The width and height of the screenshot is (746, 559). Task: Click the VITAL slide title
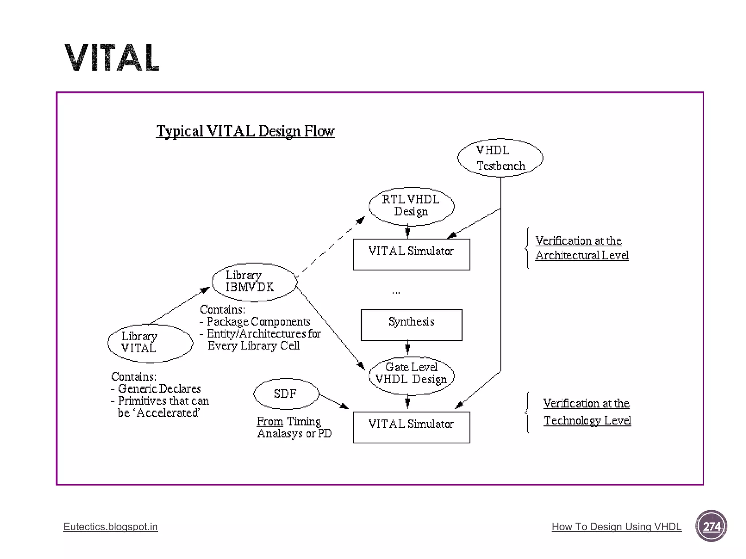[112, 58]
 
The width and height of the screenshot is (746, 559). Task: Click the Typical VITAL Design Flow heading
[245, 131]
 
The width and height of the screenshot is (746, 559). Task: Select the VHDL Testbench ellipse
[500, 158]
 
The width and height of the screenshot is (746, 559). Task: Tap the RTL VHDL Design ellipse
[411, 206]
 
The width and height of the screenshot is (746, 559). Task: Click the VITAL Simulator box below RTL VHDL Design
[411, 254]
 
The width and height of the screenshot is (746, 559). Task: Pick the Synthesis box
[411, 325]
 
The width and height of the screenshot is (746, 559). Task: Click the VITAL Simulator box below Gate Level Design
[411, 427]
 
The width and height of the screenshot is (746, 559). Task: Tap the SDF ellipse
[286, 394]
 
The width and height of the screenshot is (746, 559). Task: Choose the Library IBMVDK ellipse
[255, 282]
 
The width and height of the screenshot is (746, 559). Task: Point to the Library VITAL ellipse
[150, 343]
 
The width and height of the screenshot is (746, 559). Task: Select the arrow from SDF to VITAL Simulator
[334, 401]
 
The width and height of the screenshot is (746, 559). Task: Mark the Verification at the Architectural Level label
[582, 248]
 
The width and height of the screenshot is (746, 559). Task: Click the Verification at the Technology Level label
[587, 412]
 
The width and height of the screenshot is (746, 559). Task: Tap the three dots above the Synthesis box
[396, 292]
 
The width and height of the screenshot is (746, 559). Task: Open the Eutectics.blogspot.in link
[110, 527]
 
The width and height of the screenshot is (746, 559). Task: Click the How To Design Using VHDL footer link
[616, 527]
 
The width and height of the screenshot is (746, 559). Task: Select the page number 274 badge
[711, 526]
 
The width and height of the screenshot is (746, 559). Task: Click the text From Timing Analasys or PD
[294, 427]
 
